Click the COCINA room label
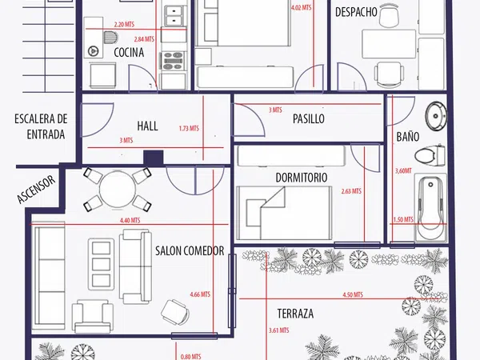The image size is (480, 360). [129, 52]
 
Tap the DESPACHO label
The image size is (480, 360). [356, 12]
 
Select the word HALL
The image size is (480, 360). [147, 126]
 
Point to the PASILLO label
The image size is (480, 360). [309, 118]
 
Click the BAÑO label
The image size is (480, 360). [408, 137]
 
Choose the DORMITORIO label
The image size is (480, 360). [302, 178]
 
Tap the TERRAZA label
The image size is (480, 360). [295, 314]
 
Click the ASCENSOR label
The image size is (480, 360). [37, 190]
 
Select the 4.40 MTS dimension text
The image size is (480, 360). [130, 220]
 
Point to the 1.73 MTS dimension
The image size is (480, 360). [189, 128]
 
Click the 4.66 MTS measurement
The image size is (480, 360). [200, 294]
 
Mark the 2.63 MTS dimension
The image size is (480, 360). [351, 191]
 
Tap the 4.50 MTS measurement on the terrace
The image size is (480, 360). [353, 294]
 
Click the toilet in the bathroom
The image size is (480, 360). [430, 155]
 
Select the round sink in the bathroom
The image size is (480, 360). [436, 116]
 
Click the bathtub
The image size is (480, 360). [430, 208]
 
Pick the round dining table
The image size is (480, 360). [118, 190]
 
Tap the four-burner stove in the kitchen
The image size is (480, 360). [173, 61]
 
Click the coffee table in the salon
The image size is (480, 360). [102, 265]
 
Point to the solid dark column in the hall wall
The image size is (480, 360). [154, 158]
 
